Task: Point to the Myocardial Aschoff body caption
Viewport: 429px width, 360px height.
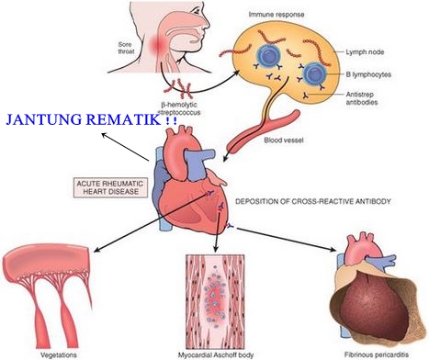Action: pos(217,354)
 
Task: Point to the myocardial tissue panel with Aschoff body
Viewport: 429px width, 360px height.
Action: pos(217,298)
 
